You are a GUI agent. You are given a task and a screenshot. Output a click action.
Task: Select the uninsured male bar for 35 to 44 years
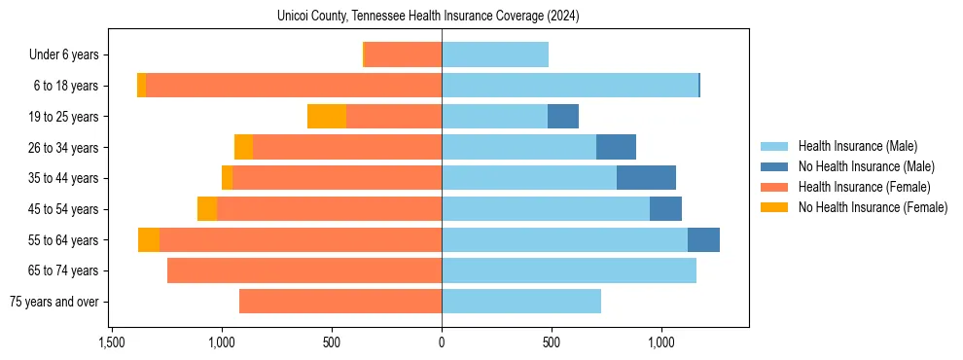pyautogui.click(x=646, y=178)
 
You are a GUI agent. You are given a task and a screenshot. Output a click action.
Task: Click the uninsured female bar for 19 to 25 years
pyautogui.click(x=327, y=117)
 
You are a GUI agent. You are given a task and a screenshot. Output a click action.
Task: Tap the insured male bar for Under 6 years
pyautogui.click(x=495, y=55)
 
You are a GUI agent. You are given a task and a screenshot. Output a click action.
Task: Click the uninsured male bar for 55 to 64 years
pyautogui.click(x=703, y=240)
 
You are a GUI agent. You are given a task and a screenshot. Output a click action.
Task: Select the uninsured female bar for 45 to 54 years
pyautogui.click(x=207, y=209)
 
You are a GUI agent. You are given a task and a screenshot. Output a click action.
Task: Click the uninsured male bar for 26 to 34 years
pyautogui.click(x=616, y=148)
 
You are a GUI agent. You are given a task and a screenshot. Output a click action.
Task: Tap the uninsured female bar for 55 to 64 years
pyautogui.click(x=149, y=240)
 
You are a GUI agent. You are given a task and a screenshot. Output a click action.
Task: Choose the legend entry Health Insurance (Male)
pyautogui.click(x=856, y=147)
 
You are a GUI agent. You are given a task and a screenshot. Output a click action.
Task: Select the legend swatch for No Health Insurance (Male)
pyautogui.click(x=774, y=167)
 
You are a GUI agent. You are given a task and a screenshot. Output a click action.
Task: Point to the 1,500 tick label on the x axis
pyautogui.click(x=112, y=342)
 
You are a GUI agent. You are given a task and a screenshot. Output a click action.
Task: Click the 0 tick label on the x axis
pyautogui.click(x=442, y=342)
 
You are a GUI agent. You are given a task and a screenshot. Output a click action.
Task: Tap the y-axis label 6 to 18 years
pyautogui.click(x=65, y=87)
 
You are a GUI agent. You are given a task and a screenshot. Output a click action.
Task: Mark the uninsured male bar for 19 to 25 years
pyautogui.click(x=563, y=117)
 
